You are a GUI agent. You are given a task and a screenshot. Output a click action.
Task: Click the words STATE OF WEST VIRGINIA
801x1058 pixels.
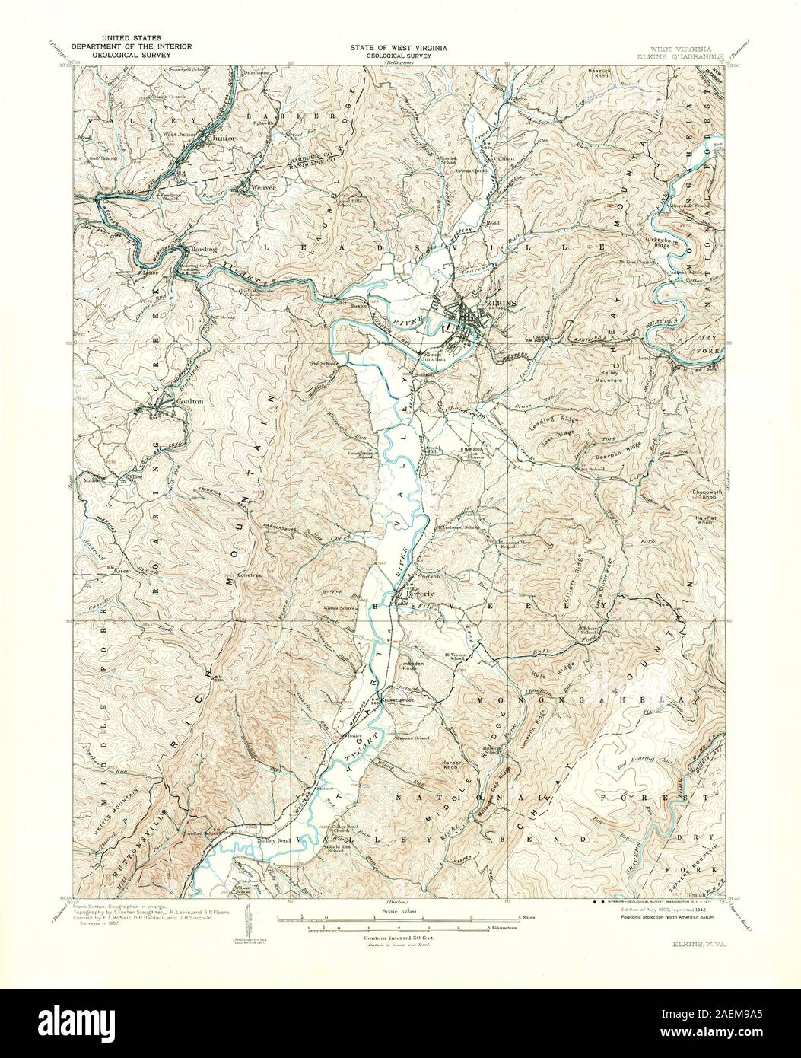398,47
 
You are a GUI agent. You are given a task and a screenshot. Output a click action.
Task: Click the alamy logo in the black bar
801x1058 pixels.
81,1023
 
